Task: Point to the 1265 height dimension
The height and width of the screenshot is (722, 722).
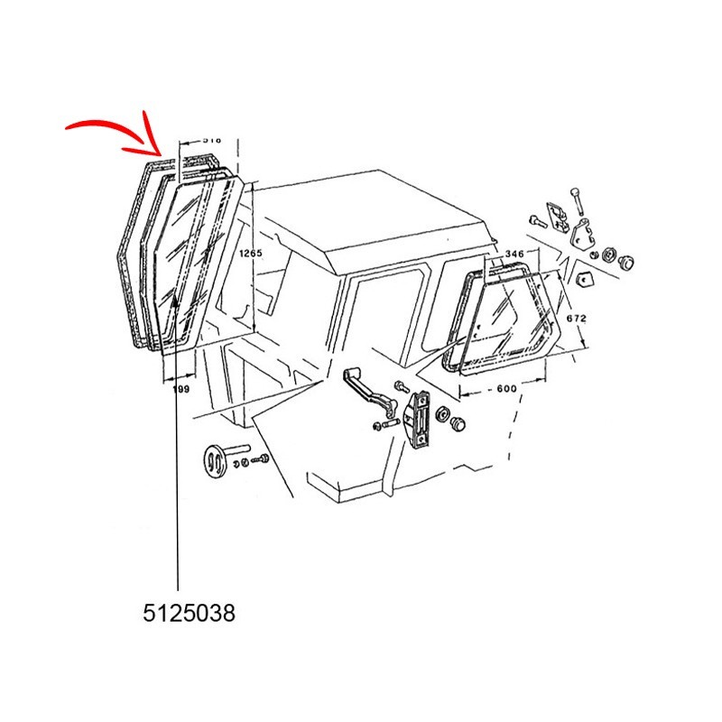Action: click(250, 254)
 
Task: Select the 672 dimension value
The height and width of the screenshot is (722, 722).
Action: click(577, 318)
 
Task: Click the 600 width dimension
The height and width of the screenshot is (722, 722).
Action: click(505, 388)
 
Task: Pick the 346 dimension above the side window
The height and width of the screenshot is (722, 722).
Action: click(514, 255)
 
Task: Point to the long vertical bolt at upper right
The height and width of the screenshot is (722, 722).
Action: click(574, 204)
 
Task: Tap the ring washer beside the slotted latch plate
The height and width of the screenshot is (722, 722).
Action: click(443, 414)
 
